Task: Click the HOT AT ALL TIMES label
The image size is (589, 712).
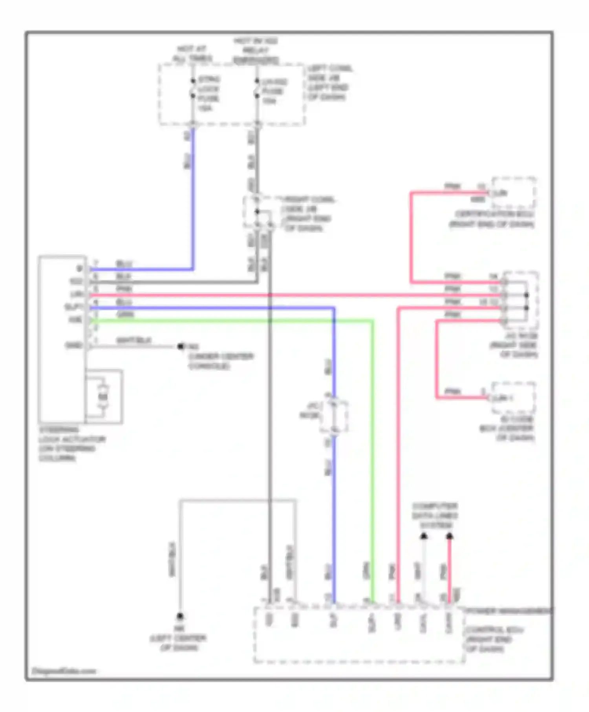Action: [x=192, y=54]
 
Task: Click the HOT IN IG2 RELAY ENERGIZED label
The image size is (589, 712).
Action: [x=256, y=51]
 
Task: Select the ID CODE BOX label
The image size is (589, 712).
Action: [x=507, y=428]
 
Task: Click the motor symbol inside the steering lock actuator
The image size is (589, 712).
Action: [x=102, y=396]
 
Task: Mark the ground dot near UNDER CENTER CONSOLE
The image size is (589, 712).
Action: [x=181, y=346]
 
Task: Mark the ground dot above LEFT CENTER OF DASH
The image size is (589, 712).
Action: [x=180, y=616]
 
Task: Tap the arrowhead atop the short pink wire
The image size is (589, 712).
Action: [x=450, y=536]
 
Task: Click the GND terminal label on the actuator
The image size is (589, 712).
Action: [x=74, y=345]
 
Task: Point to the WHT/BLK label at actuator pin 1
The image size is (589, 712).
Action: [x=134, y=340]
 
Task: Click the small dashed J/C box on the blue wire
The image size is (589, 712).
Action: [x=334, y=416]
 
